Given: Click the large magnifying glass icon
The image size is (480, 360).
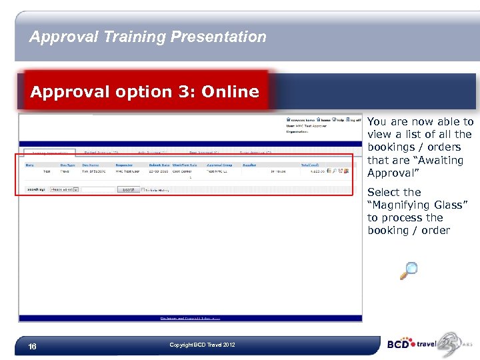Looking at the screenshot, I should [x=409, y=270].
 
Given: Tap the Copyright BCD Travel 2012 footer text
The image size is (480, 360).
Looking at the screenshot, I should [x=202, y=345].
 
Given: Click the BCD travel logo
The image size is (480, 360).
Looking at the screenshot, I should [x=411, y=345].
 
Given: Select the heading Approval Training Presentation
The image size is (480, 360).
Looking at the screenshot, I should [x=147, y=37].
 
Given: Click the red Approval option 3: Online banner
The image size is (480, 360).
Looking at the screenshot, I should [x=145, y=92].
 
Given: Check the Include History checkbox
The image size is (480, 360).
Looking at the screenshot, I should [x=143, y=189].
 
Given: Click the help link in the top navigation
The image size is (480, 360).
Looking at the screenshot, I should [x=339, y=120].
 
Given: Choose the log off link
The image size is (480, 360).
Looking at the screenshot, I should [x=354, y=120].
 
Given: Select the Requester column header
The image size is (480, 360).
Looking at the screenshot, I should [x=124, y=163].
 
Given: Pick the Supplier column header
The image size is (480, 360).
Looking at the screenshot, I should [x=250, y=163].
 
